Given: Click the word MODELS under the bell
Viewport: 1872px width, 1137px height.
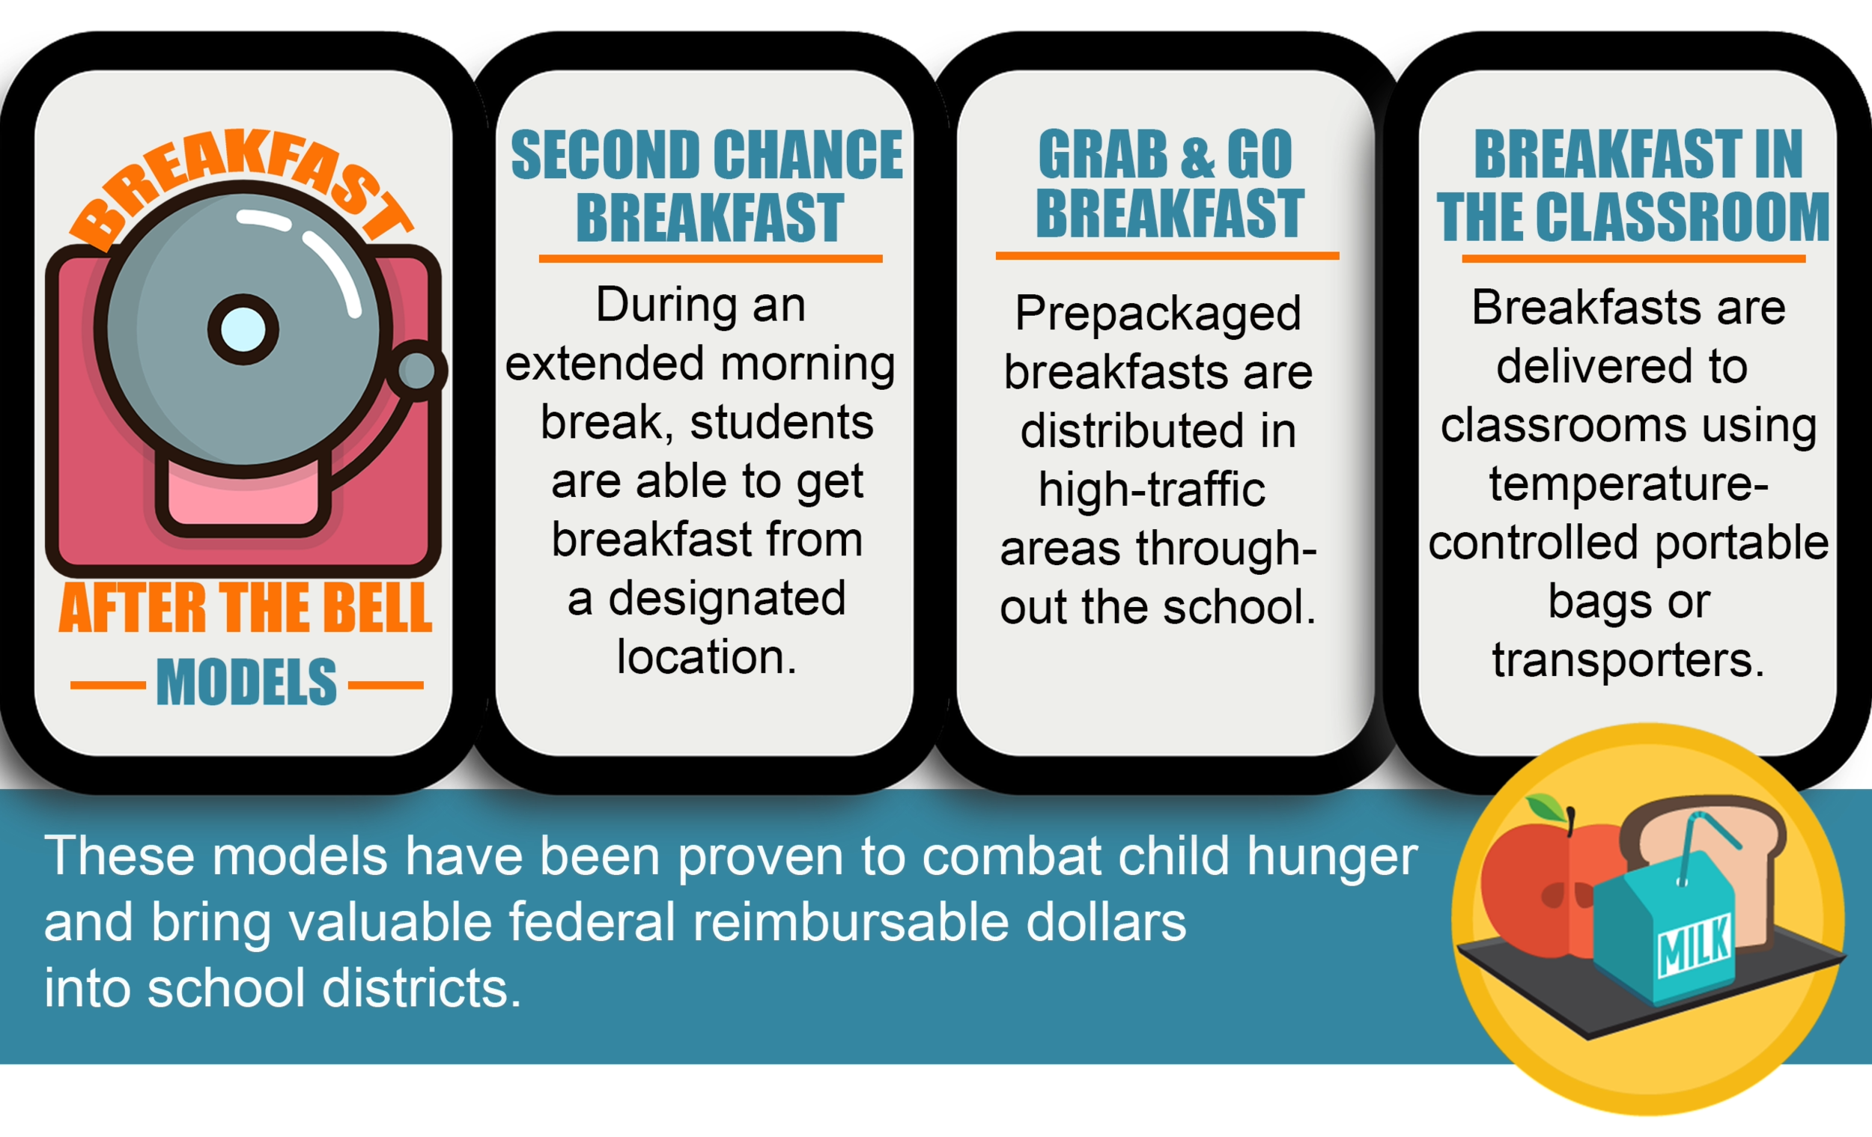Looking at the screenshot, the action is click(246, 681).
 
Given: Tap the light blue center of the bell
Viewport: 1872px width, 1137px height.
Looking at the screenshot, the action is click(243, 329).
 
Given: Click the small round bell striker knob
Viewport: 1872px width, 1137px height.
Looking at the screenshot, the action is click(418, 371).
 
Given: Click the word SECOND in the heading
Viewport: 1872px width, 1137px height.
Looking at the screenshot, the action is click(606, 156).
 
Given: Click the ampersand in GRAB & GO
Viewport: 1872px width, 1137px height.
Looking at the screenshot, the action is click(1197, 156).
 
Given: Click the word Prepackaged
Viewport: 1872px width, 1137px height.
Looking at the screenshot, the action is click(1158, 313).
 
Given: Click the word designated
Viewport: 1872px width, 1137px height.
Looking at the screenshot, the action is click(727, 599).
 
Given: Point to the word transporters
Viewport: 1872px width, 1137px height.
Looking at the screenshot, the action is click(1627, 659).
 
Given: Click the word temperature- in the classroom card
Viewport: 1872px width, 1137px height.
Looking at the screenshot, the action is click(1628, 484).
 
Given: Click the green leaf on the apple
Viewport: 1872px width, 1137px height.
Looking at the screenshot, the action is click(1548, 806).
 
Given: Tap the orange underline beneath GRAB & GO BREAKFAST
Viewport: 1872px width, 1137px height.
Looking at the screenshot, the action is click(1167, 256).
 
